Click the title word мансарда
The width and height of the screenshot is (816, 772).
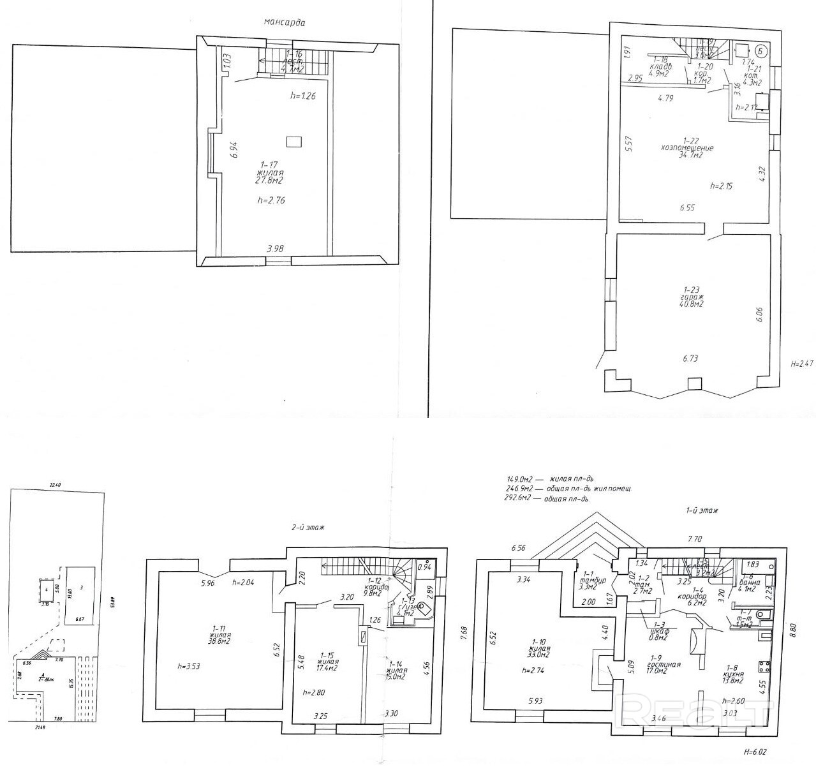coord(285,22)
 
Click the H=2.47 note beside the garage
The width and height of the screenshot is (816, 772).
coord(802,364)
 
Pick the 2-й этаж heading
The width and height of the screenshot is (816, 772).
coord(304,528)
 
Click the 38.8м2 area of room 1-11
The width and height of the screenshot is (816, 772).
coord(219,643)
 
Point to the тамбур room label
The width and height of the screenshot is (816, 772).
coord(587,580)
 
